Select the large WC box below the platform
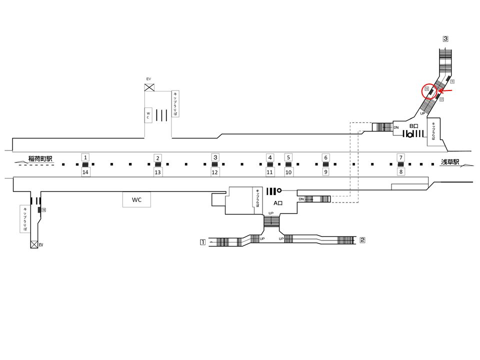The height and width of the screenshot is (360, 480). (x=136, y=200)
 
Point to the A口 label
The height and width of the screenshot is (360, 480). (x=278, y=203)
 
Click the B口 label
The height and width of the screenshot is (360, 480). (x=414, y=126)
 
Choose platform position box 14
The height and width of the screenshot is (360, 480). (x=85, y=172)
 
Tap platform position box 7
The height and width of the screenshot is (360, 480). (x=400, y=157)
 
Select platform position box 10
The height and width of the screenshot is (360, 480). (x=288, y=172)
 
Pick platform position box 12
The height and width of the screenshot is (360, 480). (x=215, y=172)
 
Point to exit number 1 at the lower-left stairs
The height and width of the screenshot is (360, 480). (x=202, y=242)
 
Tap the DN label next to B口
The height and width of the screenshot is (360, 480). (x=396, y=127)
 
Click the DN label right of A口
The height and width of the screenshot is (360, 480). (x=301, y=199)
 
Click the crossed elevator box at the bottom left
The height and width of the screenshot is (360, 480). (x=34, y=244)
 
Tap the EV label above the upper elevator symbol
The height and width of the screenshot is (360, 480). (x=148, y=79)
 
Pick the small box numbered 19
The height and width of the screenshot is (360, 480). (x=44, y=210)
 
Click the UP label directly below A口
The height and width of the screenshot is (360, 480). (x=271, y=213)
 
